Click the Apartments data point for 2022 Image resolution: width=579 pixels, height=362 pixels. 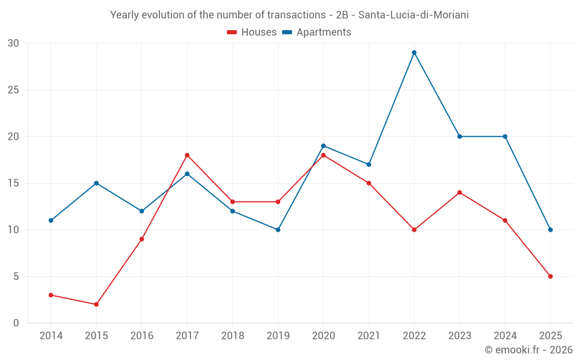414,53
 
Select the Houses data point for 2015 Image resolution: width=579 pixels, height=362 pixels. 96,304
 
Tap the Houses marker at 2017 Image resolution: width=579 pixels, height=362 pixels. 187,155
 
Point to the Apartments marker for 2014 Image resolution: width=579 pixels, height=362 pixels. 51,220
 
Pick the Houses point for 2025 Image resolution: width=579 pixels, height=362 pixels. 550,276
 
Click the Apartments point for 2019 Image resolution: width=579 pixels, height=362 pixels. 278,230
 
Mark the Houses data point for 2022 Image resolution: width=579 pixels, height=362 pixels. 414,230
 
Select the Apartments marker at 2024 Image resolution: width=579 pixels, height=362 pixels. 505,137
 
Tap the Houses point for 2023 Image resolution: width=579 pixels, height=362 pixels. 460,192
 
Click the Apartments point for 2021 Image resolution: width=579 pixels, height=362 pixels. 369,164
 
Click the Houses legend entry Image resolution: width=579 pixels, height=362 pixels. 252,32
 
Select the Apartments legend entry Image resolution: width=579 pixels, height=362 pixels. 317,32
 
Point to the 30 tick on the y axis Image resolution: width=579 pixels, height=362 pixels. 13,43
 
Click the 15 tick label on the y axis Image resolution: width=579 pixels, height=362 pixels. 13,183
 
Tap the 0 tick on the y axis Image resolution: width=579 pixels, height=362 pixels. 16,323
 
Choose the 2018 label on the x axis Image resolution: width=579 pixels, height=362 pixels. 232,336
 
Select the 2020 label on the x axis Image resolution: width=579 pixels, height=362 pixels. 323,336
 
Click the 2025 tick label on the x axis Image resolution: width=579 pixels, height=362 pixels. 550,336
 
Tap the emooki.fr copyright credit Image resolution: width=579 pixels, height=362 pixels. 529,350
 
